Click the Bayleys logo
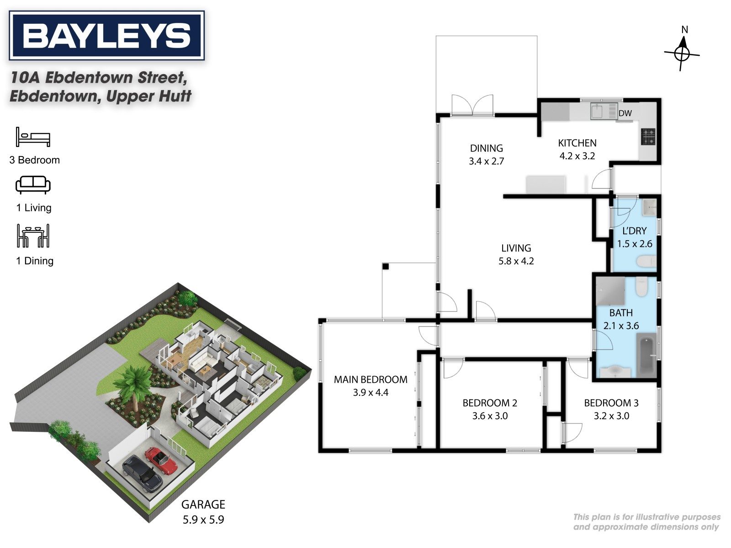pos(106,35)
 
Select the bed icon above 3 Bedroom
pos(33,137)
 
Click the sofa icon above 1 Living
pos(33,185)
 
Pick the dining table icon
pos(33,236)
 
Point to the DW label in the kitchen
pos(625,113)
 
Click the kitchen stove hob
pos(648,137)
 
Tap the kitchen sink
pos(599,111)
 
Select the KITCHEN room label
pos(577,143)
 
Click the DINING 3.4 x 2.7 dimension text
pos(487,161)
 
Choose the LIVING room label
pos(516,248)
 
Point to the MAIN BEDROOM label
pos(371,379)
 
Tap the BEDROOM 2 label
pos(490,403)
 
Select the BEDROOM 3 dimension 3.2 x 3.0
pos(611,416)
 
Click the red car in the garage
pos(162,461)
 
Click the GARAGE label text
pos(203,505)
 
